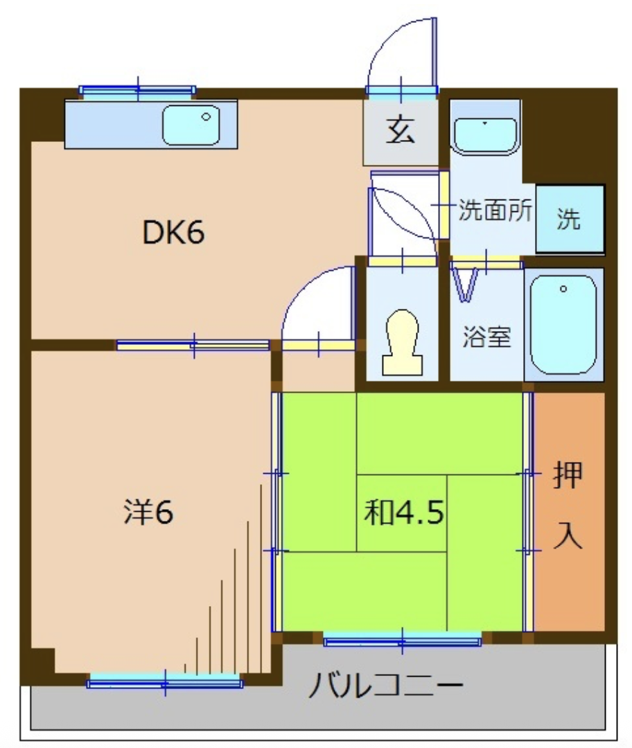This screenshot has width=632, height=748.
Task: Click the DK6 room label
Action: coord(174,233)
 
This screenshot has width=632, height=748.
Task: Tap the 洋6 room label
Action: coord(148,512)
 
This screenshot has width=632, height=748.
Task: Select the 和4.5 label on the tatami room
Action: coord(404,513)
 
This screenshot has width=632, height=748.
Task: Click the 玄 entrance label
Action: coord(400,130)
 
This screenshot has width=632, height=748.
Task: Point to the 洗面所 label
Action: coord(495,210)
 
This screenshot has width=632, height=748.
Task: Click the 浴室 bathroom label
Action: coord(486,337)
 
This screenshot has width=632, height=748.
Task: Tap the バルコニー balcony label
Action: coord(386,686)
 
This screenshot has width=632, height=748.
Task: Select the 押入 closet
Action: coord(569,512)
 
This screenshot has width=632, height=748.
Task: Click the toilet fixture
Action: coord(403,341)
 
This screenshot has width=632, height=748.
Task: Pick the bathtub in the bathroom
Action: coord(563,325)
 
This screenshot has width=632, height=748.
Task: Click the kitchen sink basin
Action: coord(191,125)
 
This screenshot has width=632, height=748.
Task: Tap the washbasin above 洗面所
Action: coord(485,136)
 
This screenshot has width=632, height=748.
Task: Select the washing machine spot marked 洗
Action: coord(570,218)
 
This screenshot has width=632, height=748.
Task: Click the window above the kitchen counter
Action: coord(137,91)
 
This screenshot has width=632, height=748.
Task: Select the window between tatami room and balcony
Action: coord(403,639)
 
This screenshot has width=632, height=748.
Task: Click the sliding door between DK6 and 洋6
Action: coord(193,344)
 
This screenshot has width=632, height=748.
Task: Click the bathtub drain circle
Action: coord(563,289)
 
